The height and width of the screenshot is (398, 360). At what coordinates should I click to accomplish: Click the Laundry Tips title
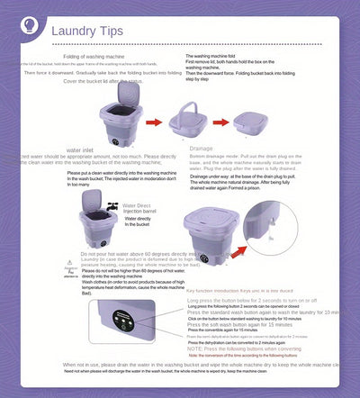[x=86, y=32]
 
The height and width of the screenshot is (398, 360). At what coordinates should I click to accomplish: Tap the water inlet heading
[x=82, y=149]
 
